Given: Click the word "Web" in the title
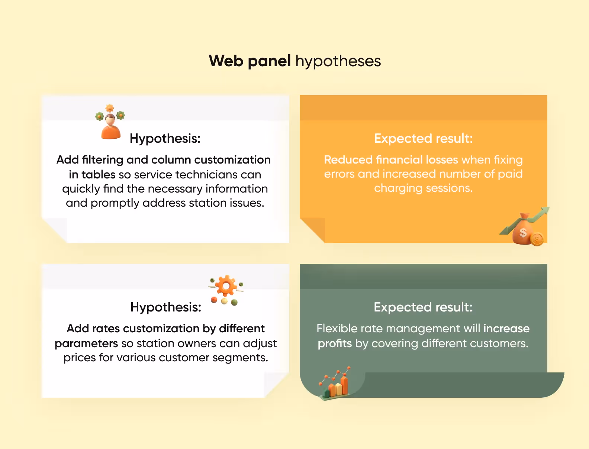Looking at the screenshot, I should coord(226,61).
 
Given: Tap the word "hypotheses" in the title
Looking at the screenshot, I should coord(338,61).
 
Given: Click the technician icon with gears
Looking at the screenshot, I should coord(110,123).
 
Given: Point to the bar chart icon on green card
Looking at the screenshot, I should coord(336,385).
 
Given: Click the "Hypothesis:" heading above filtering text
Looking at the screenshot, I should coord(165,138).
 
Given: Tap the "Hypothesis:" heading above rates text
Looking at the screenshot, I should coord(166,307).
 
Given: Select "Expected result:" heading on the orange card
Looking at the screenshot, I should coord(423,138).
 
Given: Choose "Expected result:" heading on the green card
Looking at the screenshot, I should coord(423,307).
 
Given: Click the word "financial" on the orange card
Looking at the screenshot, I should coord(399,160).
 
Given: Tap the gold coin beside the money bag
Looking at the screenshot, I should coord(537,239).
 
